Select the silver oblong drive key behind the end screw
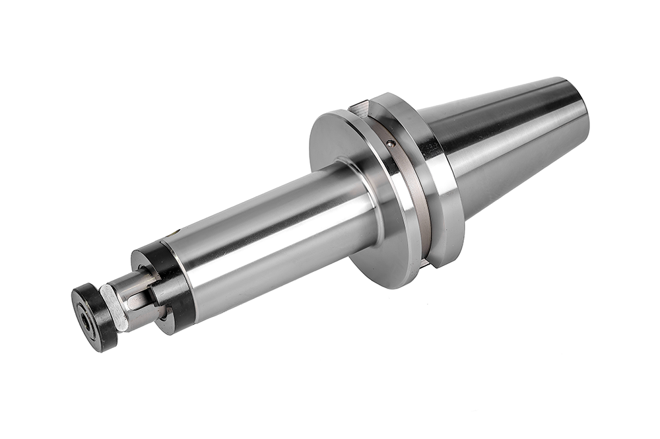[114, 307]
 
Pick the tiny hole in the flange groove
[391, 143]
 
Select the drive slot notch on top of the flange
[362, 104]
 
